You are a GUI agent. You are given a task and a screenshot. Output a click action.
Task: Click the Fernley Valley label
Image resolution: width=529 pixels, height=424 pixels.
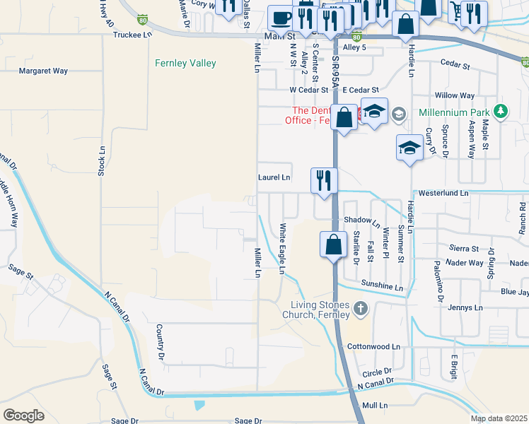[185, 64]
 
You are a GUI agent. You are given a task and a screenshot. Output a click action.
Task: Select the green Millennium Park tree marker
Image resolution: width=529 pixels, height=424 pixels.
[501, 112]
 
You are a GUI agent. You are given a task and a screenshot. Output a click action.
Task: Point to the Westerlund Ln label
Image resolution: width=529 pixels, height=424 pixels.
[443, 192]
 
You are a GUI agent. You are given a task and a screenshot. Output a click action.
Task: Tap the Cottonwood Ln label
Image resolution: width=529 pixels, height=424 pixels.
[374, 347]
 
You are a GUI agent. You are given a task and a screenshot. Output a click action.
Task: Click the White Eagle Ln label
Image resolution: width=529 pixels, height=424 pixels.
[282, 246]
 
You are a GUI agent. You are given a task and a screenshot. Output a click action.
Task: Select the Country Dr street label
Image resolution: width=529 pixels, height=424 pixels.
[161, 339]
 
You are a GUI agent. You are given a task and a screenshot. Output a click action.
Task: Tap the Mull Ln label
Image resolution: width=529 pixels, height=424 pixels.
[375, 406]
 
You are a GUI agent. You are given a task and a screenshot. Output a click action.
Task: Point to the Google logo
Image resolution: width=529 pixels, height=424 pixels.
[23, 416]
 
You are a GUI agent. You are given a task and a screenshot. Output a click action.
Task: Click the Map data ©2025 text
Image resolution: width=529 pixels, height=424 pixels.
[499, 418]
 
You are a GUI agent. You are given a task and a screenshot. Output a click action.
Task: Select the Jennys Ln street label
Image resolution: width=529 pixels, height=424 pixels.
[465, 308]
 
